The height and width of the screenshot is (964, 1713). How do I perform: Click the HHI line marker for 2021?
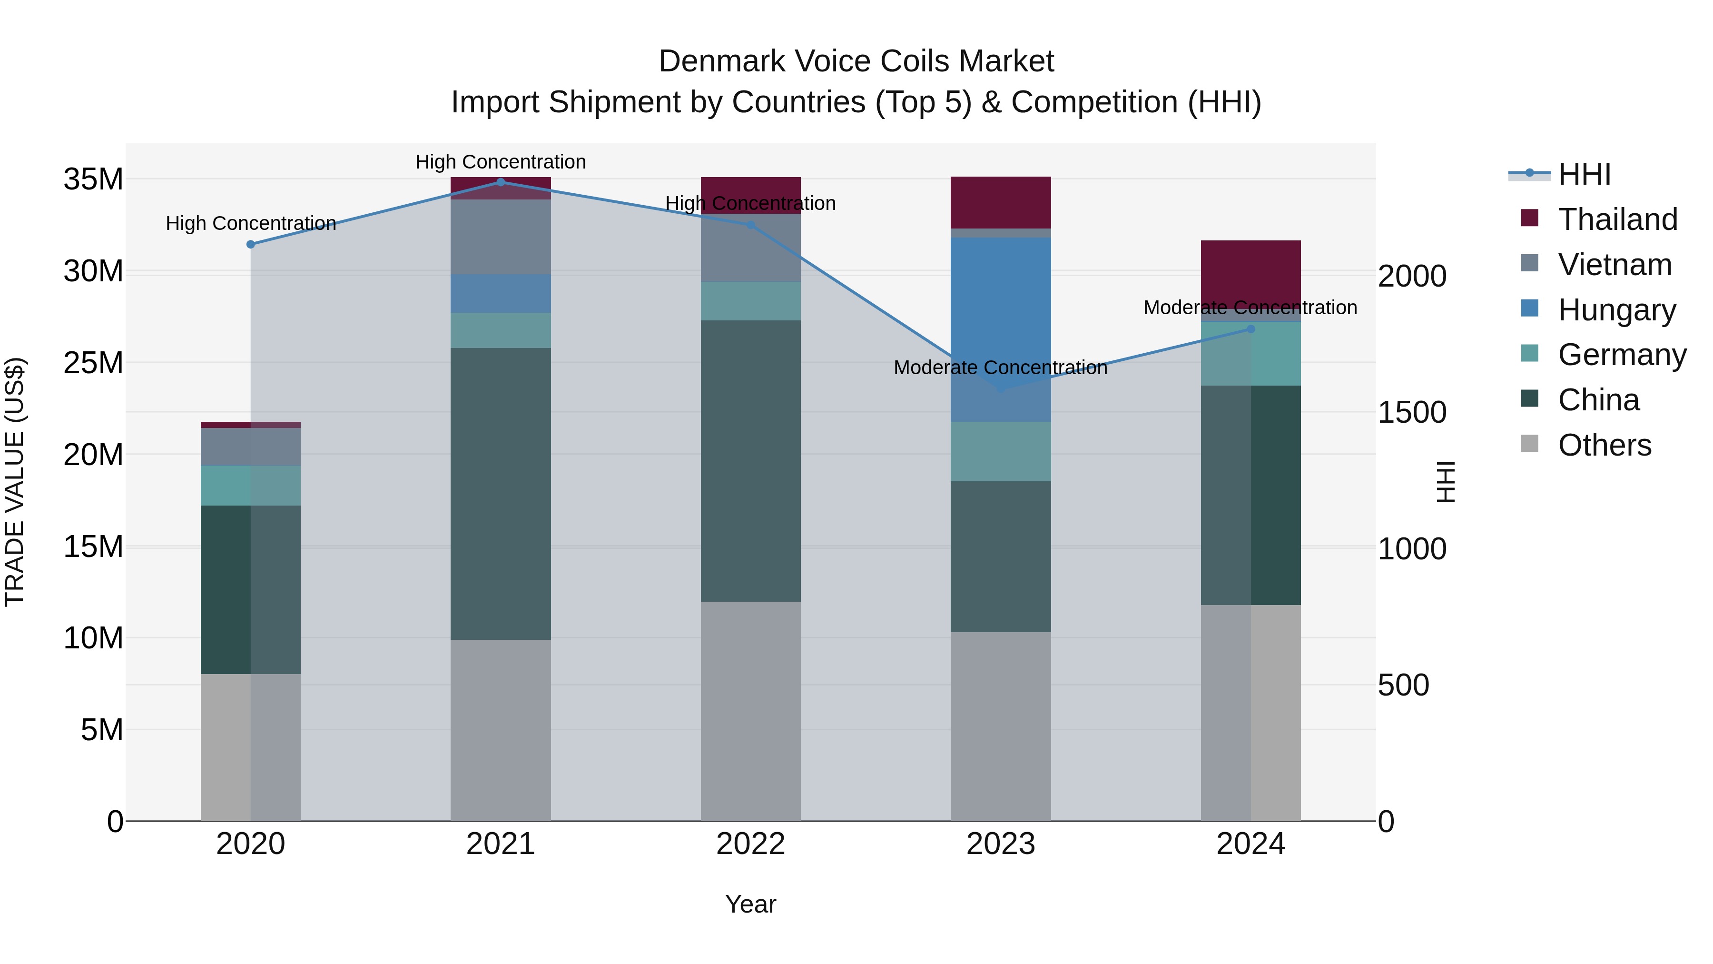point(501,182)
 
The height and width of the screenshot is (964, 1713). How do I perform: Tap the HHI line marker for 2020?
point(251,245)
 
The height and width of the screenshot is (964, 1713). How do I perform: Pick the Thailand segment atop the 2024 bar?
point(1251,273)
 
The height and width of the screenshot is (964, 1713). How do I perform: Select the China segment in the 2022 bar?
point(751,461)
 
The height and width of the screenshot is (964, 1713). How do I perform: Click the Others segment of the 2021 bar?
point(501,730)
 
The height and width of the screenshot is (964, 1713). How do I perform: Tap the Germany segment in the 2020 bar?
point(251,486)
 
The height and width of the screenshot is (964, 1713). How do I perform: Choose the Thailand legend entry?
point(1617,219)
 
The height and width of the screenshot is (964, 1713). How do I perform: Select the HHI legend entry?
point(1584,174)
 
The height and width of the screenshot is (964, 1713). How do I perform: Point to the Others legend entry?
point(1604,445)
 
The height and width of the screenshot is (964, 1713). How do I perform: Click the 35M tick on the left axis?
point(93,179)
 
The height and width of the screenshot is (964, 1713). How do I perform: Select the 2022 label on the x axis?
point(751,844)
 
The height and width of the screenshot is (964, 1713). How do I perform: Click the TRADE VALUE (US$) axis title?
point(15,482)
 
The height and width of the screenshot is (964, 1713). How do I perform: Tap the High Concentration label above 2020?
point(251,224)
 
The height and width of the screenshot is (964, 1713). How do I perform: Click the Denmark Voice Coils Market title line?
point(856,62)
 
